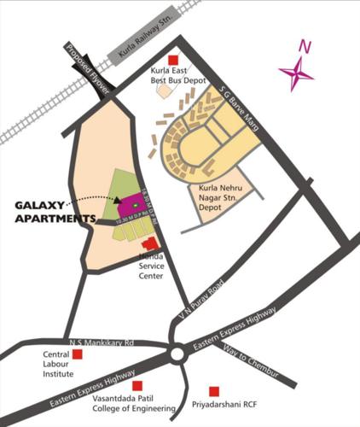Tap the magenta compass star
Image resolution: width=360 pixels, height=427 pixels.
[296, 73]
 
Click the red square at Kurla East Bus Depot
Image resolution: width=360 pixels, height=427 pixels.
[174, 60]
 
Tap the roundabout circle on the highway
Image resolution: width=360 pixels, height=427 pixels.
[177, 353]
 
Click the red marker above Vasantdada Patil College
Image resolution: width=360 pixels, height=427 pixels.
[150, 386]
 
